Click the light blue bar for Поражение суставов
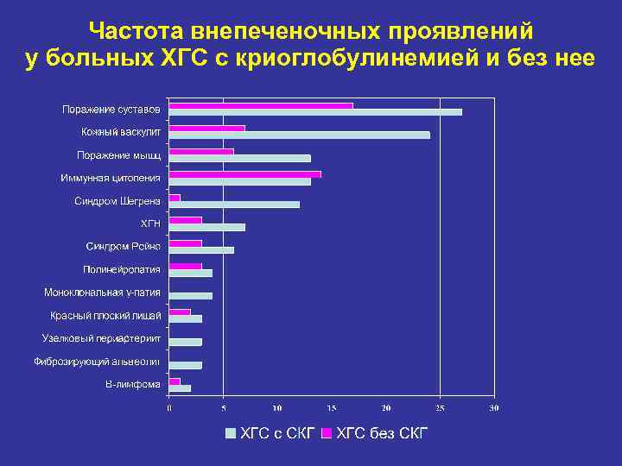(x=315, y=112)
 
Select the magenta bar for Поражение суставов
(x=261, y=105)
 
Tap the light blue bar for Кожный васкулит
(x=299, y=135)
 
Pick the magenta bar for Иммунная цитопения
(x=244, y=173)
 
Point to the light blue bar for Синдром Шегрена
(x=234, y=205)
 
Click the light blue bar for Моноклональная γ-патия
(x=190, y=296)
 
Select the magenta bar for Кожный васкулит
(x=206, y=129)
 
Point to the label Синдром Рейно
(x=123, y=247)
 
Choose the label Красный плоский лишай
(x=105, y=315)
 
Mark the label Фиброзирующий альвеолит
(x=97, y=361)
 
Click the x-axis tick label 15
(x=331, y=408)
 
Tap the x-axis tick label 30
(x=494, y=408)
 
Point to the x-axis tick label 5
(x=223, y=408)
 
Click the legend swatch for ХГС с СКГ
(x=231, y=432)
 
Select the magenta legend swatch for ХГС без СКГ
(x=327, y=432)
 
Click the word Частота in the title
(x=128, y=32)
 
